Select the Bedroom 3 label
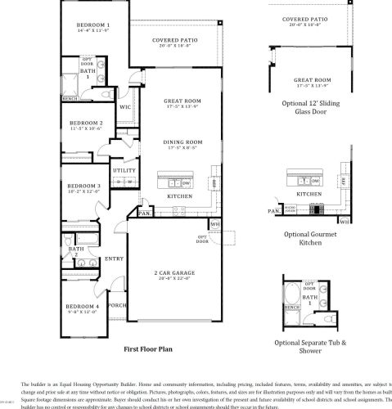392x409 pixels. click(x=83, y=185)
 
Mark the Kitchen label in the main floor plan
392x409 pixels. click(x=179, y=196)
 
